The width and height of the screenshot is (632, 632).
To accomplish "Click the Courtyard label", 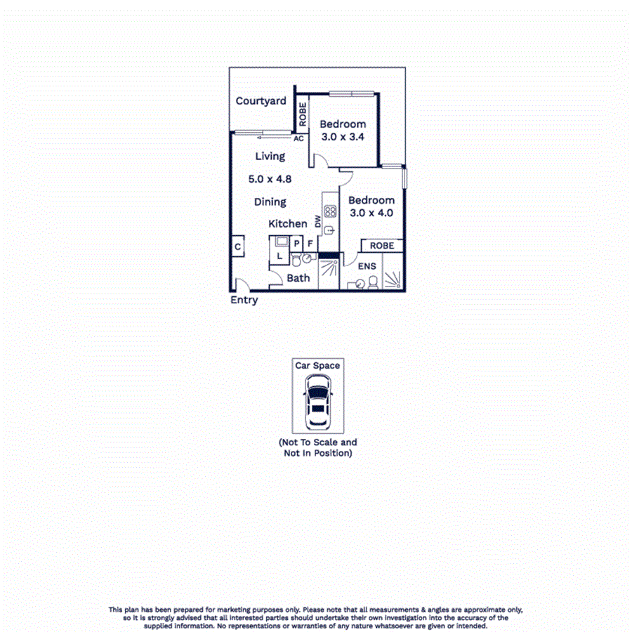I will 261,101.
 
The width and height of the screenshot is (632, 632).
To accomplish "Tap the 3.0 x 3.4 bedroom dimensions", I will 343,138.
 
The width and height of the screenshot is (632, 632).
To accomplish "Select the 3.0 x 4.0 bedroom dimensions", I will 371,213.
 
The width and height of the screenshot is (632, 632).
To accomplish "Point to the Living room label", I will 270,156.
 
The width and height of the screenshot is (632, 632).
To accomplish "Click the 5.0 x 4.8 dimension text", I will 270,179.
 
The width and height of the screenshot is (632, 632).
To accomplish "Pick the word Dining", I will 270,202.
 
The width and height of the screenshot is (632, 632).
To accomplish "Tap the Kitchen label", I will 288,224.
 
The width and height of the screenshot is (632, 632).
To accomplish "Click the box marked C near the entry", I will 238,247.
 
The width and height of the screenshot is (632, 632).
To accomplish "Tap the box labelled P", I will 296,244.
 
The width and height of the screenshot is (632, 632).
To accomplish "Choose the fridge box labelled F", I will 310,244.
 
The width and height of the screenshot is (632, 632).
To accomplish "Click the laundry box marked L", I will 279,256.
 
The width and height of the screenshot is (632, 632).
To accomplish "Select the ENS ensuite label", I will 367,267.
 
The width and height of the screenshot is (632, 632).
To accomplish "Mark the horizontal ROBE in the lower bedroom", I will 382,246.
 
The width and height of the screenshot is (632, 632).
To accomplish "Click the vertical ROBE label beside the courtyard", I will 302,114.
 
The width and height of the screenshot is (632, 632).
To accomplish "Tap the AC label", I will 298,138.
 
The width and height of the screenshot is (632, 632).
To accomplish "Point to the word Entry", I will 244,300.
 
